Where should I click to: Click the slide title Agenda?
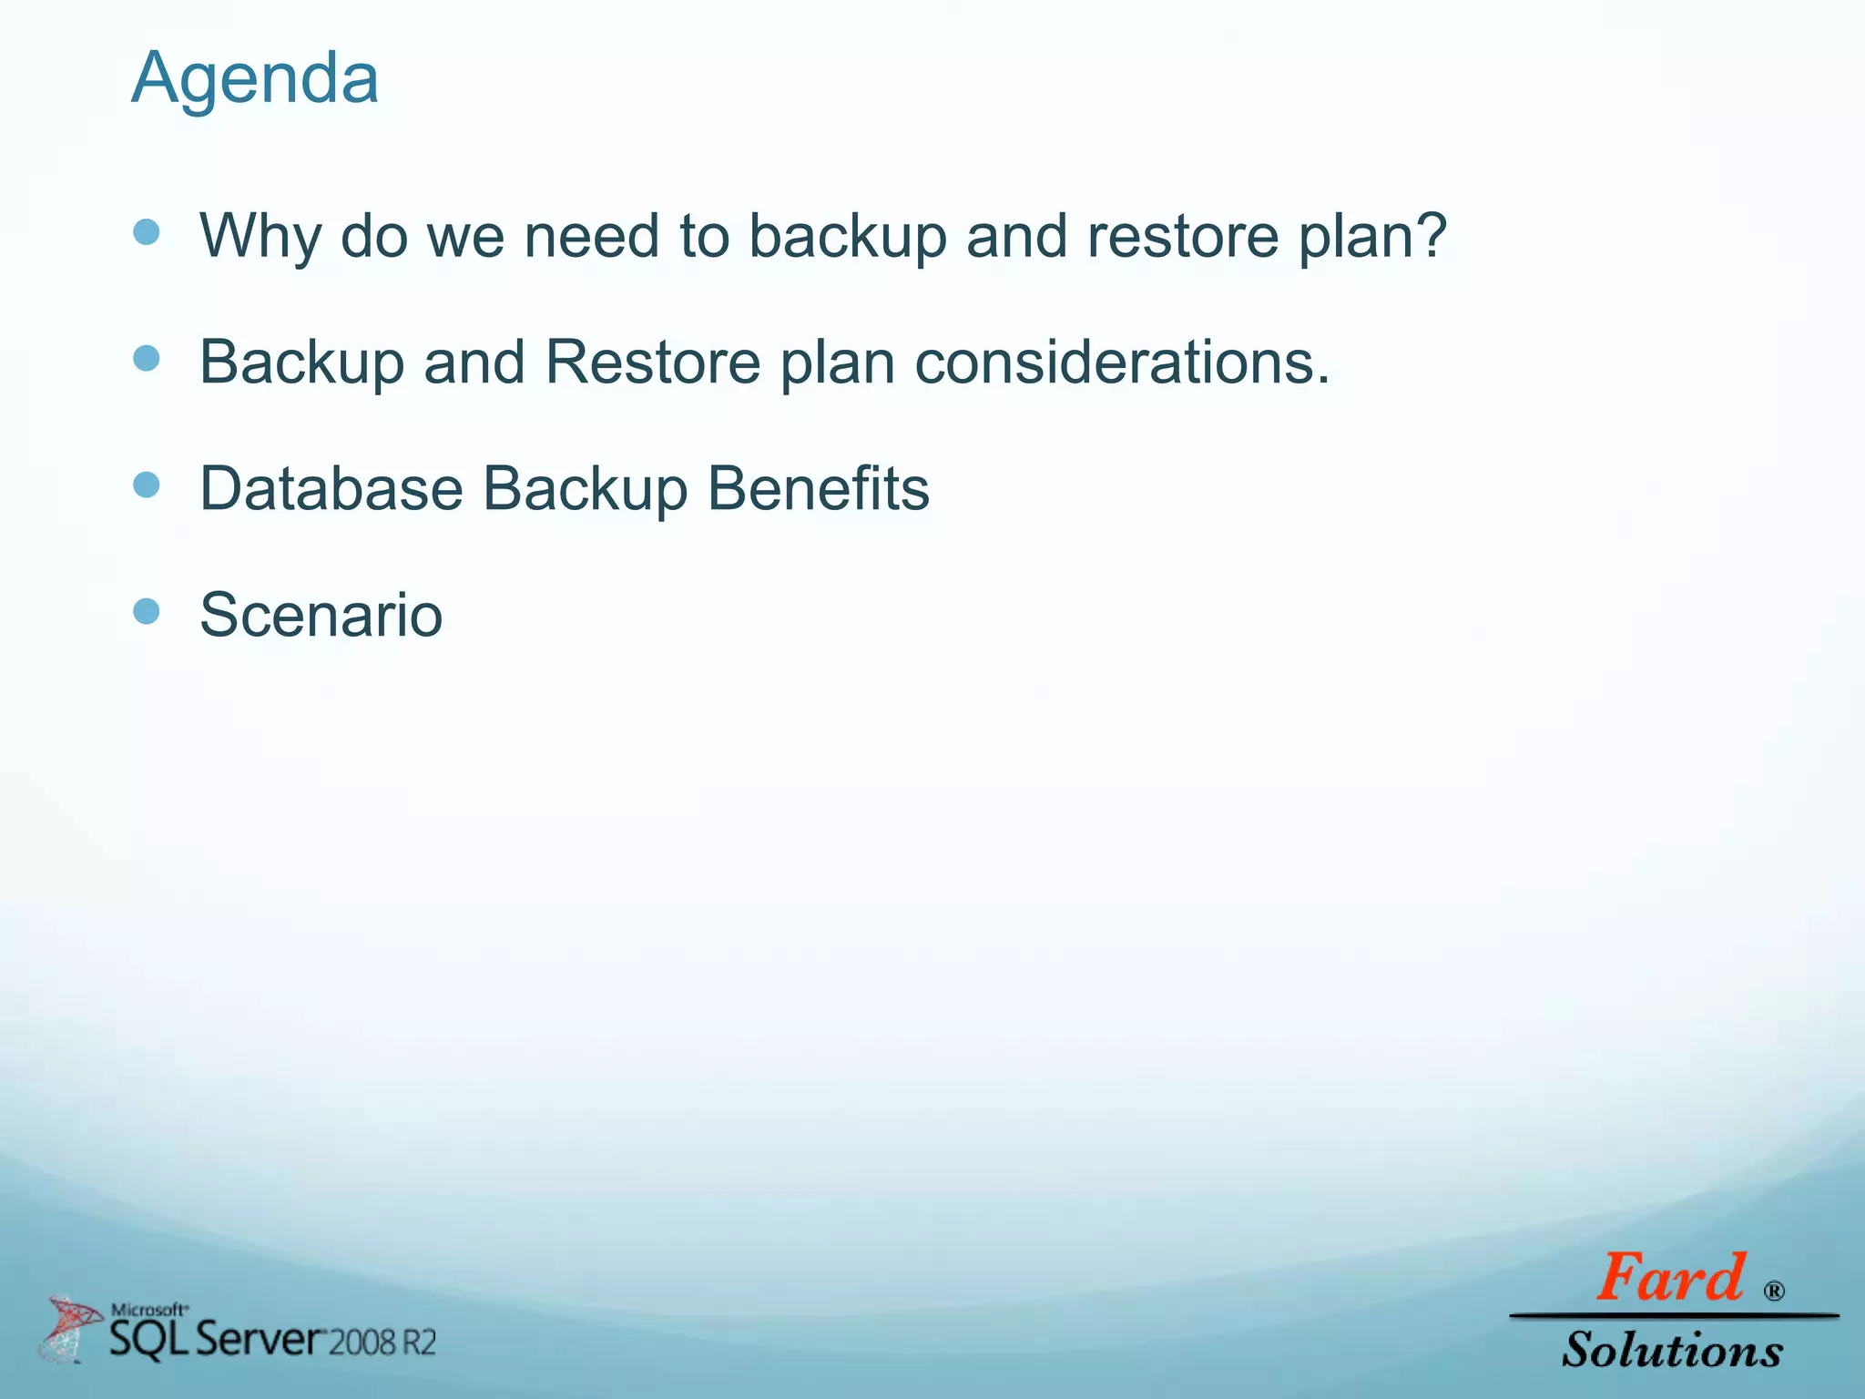pyautogui.click(x=255, y=78)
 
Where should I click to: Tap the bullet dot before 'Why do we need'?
pyautogui.click(x=147, y=232)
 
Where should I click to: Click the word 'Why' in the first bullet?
pyautogui.click(x=260, y=237)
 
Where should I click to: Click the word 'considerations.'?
pyautogui.click(x=1122, y=363)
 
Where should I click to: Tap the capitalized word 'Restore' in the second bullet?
pyautogui.click(x=652, y=363)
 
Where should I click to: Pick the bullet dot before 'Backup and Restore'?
pyautogui.click(x=147, y=358)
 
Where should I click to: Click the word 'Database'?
pyautogui.click(x=331, y=489)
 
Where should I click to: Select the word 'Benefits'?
pyautogui.click(x=818, y=489)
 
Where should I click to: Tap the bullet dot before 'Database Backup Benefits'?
pyautogui.click(x=147, y=485)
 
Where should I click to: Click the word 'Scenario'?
pyautogui.click(x=321, y=616)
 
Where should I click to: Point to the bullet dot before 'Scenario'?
pyautogui.click(x=147, y=611)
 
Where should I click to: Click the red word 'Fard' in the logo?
pyautogui.click(x=1671, y=1278)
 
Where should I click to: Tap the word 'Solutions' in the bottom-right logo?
pyautogui.click(x=1672, y=1350)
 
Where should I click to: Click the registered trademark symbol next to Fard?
pyautogui.click(x=1774, y=1292)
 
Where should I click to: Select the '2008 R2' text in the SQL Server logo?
pyautogui.click(x=382, y=1343)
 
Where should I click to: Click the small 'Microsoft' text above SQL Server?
pyautogui.click(x=149, y=1310)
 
